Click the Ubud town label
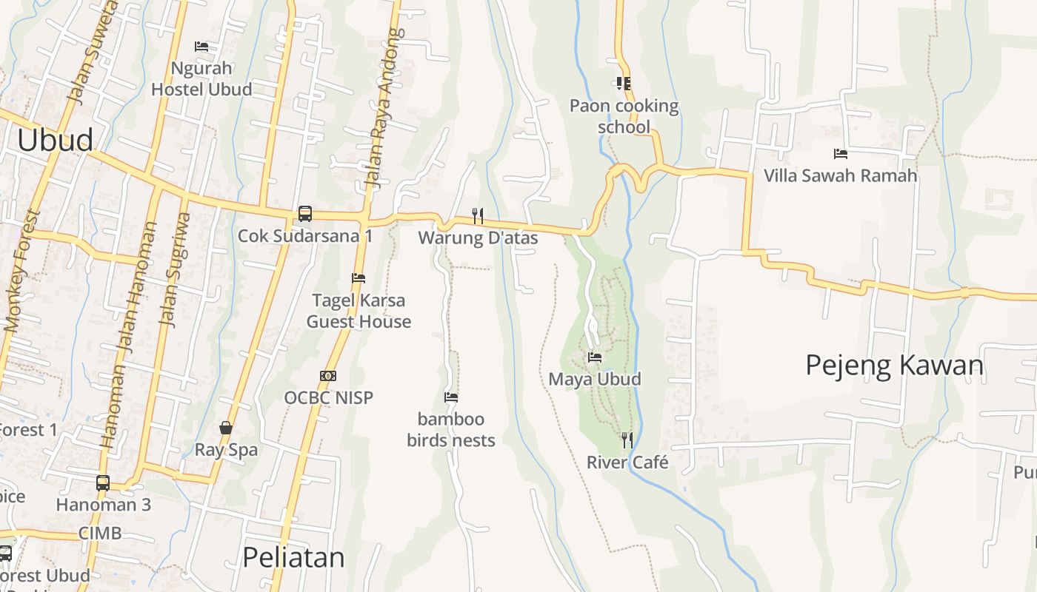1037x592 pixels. tap(55, 140)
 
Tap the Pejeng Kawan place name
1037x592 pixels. tap(894, 366)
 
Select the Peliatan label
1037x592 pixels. tap(293, 557)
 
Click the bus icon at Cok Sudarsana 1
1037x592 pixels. tap(304, 214)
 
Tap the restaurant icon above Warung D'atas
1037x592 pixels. tap(478, 216)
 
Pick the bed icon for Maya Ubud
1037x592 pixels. tap(594, 357)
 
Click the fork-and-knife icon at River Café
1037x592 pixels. tap(627, 440)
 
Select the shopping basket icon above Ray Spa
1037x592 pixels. tap(226, 428)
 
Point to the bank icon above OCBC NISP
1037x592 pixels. tap(328, 376)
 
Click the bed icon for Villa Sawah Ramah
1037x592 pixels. tap(840, 154)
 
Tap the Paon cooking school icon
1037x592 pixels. tap(623, 84)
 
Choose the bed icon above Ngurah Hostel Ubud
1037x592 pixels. tap(201, 47)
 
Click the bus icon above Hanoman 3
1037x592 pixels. tap(103, 483)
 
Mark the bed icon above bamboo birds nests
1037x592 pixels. tap(450, 397)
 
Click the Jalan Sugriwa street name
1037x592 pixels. tap(175, 270)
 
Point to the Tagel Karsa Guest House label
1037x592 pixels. tap(359, 311)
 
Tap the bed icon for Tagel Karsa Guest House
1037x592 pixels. tap(359, 278)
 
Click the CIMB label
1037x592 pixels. tap(100, 533)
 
